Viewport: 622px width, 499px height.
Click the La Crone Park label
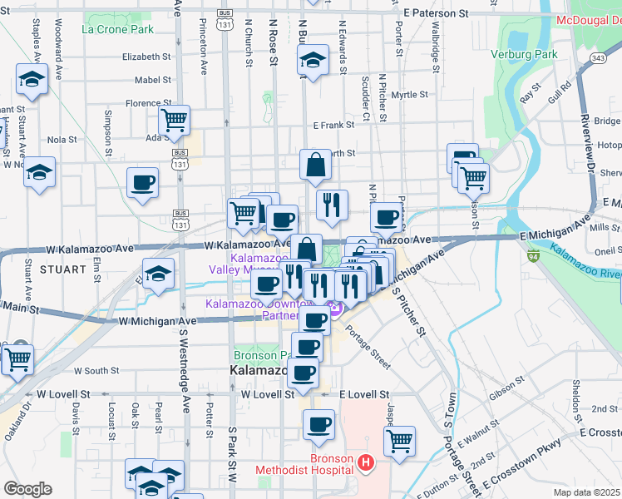[x=118, y=29]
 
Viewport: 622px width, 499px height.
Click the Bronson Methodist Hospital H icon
[x=363, y=462]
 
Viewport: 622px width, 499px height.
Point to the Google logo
[x=27, y=489]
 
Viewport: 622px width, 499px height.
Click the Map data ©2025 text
[x=587, y=492]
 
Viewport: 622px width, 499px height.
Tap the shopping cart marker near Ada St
[x=174, y=121]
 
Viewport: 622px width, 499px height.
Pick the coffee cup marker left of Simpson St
[x=142, y=182]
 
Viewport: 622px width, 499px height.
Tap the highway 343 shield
[x=597, y=57]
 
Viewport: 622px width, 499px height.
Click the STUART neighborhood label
[x=62, y=269]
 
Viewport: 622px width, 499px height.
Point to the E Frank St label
[x=333, y=125]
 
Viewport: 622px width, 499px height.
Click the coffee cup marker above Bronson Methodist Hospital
[x=318, y=425]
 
